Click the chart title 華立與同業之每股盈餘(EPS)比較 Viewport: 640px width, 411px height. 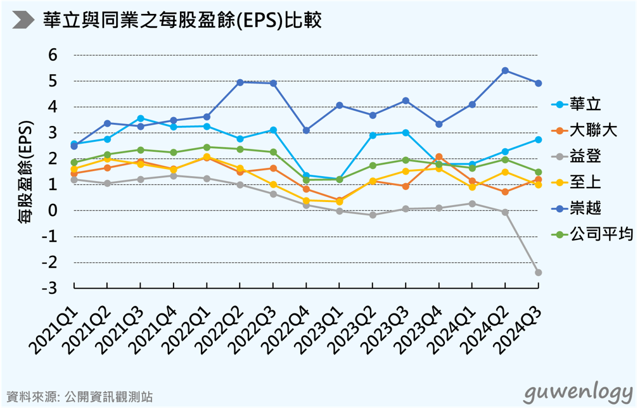tap(182, 20)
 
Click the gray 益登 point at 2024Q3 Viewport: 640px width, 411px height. tap(539, 272)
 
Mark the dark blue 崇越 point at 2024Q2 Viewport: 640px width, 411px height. tap(505, 70)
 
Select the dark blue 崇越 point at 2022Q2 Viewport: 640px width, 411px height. tap(240, 82)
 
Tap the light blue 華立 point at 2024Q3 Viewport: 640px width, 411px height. tap(539, 139)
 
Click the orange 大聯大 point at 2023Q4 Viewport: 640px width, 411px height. tap(438, 156)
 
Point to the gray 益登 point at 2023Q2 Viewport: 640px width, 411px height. tap(373, 215)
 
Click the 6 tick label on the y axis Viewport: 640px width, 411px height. tap(53, 55)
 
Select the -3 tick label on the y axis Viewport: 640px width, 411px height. tap(50, 288)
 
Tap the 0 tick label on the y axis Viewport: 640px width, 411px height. tap(53, 210)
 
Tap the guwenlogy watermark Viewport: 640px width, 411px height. tap(577, 392)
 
